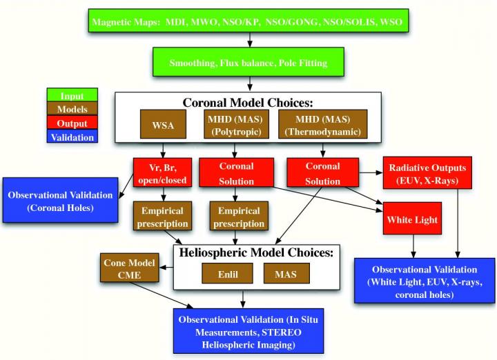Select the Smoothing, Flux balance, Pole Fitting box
[x=249, y=63]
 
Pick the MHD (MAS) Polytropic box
[x=238, y=125]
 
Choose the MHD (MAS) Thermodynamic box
[x=323, y=125]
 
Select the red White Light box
[x=413, y=220]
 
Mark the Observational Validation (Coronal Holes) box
[x=62, y=201]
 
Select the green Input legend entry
[x=72, y=96]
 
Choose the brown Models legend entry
[x=72, y=110]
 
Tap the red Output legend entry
[x=72, y=123]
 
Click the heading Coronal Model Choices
[x=248, y=102]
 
